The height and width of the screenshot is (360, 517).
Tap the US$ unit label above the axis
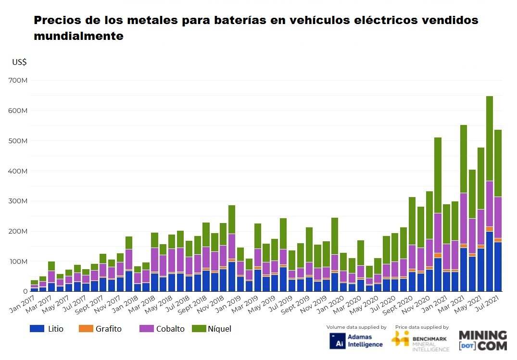19,62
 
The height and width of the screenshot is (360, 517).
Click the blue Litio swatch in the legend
37,329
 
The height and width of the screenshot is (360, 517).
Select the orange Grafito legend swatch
86,329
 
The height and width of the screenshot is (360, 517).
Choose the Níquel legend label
220,329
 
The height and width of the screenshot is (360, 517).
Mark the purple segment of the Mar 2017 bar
51,277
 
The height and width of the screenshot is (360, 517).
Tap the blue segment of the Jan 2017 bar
34,289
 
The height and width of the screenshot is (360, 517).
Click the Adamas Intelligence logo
357,340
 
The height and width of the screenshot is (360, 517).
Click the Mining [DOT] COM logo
482,340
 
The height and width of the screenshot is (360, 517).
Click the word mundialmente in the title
78,36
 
